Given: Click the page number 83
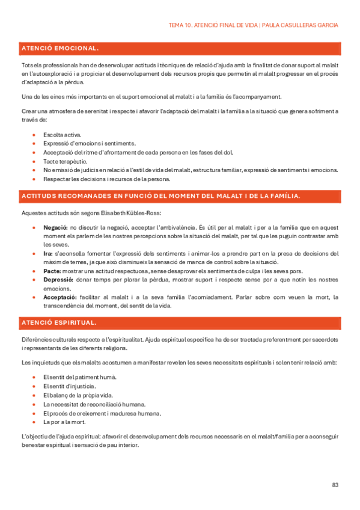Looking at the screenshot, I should click(x=335, y=485).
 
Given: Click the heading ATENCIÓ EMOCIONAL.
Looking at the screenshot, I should click(x=60, y=48).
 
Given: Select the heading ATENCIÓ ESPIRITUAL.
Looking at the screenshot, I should click(x=59, y=323).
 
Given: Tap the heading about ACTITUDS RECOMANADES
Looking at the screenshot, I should click(x=161, y=196).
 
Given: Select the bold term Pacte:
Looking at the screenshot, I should click(x=52, y=272).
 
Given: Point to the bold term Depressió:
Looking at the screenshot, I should click(x=59, y=280).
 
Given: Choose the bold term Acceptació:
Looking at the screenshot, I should click(x=60, y=298).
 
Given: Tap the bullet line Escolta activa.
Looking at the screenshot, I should click(x=63, y=135).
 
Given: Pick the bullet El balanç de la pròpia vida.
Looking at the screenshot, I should click(x=78, y=395).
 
